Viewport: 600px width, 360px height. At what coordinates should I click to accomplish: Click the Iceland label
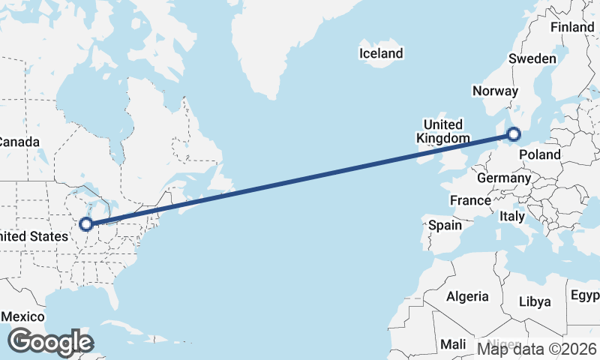click(381, 53)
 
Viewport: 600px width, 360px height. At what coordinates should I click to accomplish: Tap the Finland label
click(572, 27)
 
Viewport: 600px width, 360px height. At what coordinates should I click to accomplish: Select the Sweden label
click(532, 58)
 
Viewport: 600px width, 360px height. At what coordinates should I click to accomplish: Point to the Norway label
click(495, 91)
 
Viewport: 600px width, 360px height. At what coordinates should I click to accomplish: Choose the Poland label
click(539, 154)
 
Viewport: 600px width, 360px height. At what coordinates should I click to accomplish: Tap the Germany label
click(504, 178)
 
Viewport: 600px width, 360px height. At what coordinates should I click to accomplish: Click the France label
click(470, 200)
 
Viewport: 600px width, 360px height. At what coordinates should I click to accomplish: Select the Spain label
click(445, 224)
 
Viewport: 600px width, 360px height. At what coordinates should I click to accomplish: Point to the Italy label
click(512, 216)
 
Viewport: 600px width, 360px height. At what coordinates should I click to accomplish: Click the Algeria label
click(467, 296)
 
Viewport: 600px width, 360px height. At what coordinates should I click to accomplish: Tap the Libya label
click(535, 301)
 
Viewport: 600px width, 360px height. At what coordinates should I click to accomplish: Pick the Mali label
click(453, 344)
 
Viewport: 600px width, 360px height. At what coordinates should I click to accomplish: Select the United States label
click(28, 236)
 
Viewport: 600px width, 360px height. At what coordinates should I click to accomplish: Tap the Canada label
click(17, 142)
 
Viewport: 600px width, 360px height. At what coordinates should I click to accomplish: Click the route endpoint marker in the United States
click(86, 223)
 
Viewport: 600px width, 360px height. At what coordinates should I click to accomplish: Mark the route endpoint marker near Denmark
click(513, 134)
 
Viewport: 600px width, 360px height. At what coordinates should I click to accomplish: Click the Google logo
click(49, 342)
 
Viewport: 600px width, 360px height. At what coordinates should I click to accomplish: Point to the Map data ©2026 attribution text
click(537, 348)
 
